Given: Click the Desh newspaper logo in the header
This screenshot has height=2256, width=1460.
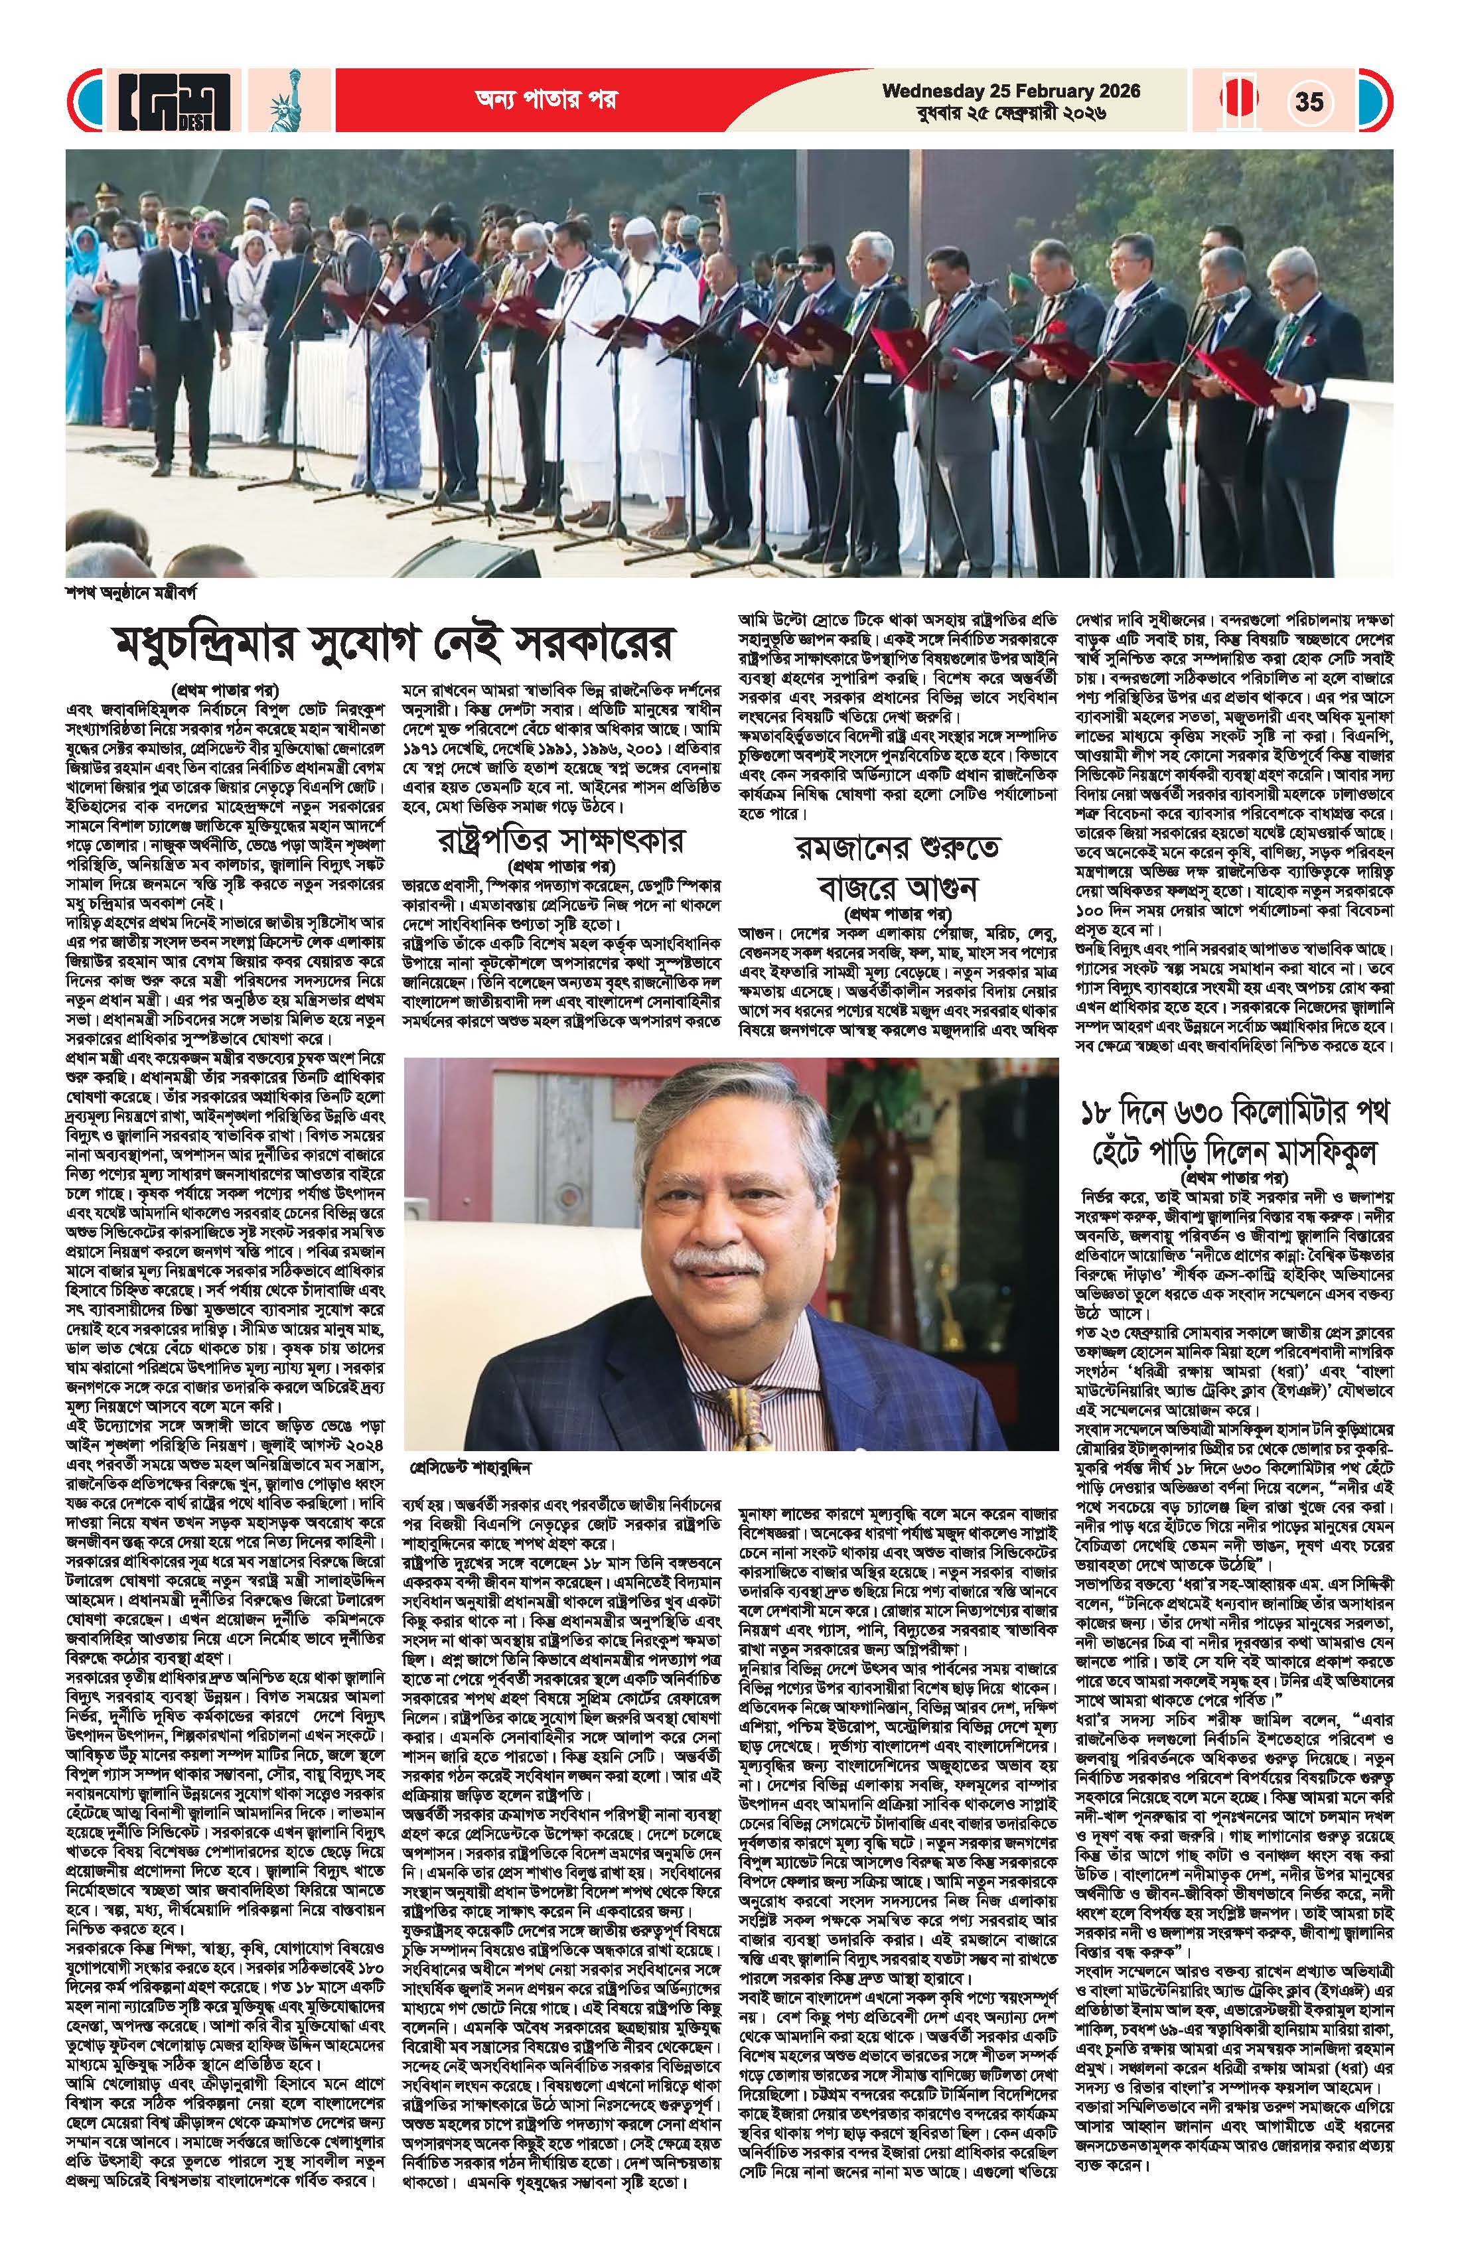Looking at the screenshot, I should [x=175, y=102].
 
